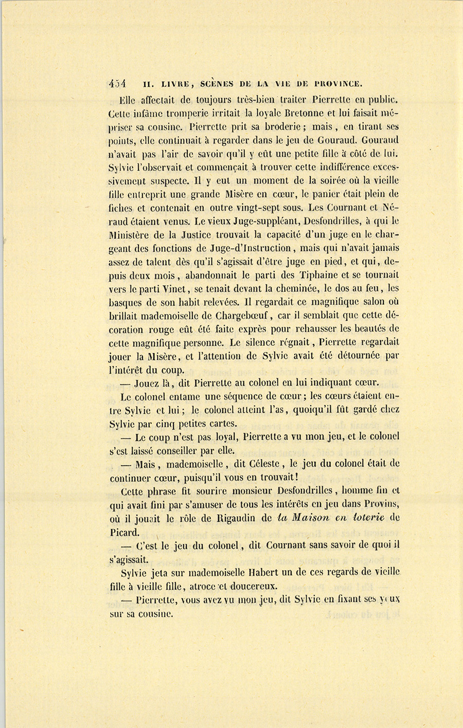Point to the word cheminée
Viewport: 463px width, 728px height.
[340, 289]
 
